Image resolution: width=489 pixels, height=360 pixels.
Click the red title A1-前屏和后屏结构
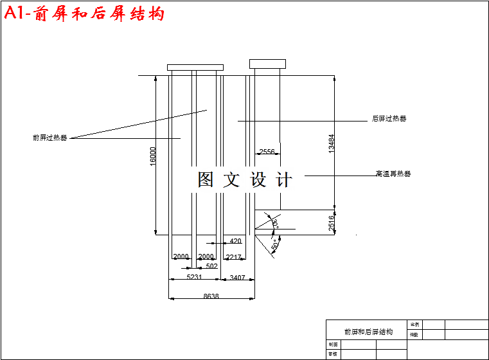point(84,14)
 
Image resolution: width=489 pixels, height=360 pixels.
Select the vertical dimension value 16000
point(153,156)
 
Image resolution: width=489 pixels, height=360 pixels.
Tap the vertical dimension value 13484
point(332,143)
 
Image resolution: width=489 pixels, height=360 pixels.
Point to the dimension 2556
point(267,152)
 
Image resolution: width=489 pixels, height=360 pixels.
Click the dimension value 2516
point(332,223)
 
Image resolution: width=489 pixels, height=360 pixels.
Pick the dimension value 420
point(235,242)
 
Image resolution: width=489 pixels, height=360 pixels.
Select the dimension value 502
point(211,265)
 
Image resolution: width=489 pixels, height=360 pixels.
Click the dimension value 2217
point(234,257)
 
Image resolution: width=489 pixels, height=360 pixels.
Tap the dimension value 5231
point(194,278)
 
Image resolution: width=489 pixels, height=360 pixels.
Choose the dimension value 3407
point(237,278)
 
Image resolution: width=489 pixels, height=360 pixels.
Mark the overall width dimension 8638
point(211,297)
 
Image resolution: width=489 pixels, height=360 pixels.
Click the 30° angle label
point(275,223)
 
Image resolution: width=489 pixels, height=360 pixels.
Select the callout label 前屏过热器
point(49,138)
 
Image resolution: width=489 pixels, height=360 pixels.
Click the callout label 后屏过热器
point(389,119)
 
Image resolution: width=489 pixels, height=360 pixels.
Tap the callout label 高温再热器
point(393,174)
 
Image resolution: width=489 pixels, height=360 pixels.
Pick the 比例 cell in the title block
point(414,325)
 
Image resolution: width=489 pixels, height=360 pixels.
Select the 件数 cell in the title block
point(414,334)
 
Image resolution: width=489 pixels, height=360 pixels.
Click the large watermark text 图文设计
point(245,180)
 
